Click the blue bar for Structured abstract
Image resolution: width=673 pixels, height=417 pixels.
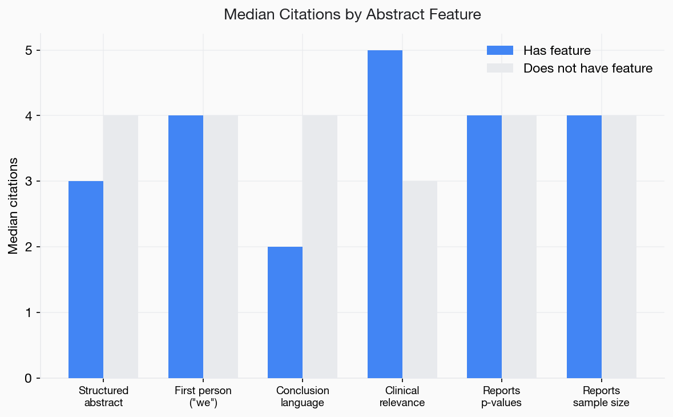click(86, 279)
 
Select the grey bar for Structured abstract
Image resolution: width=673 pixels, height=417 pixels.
click(120, 247)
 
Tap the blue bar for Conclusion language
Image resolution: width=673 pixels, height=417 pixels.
click(285, 312)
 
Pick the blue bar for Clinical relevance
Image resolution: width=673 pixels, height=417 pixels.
click(385, 214)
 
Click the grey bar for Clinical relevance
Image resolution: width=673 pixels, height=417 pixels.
click(420, 279)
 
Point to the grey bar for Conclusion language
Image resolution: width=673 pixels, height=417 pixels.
click(320, 247)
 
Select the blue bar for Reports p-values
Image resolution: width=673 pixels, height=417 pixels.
click(484, 247)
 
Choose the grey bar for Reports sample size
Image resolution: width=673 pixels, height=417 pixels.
click(619, 247)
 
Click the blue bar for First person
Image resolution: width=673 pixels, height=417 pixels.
click(186, 247)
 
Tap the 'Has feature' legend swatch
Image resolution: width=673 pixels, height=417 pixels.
click(500, 50)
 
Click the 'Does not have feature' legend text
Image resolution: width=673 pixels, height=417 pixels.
click(587, 69)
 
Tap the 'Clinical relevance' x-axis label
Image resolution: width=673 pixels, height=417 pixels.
click(402, 396)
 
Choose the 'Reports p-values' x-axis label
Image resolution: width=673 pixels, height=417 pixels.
click(502, 396)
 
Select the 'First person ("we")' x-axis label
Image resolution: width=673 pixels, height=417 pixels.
click(203, 396)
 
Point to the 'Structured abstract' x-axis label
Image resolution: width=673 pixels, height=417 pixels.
click(103, 396)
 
